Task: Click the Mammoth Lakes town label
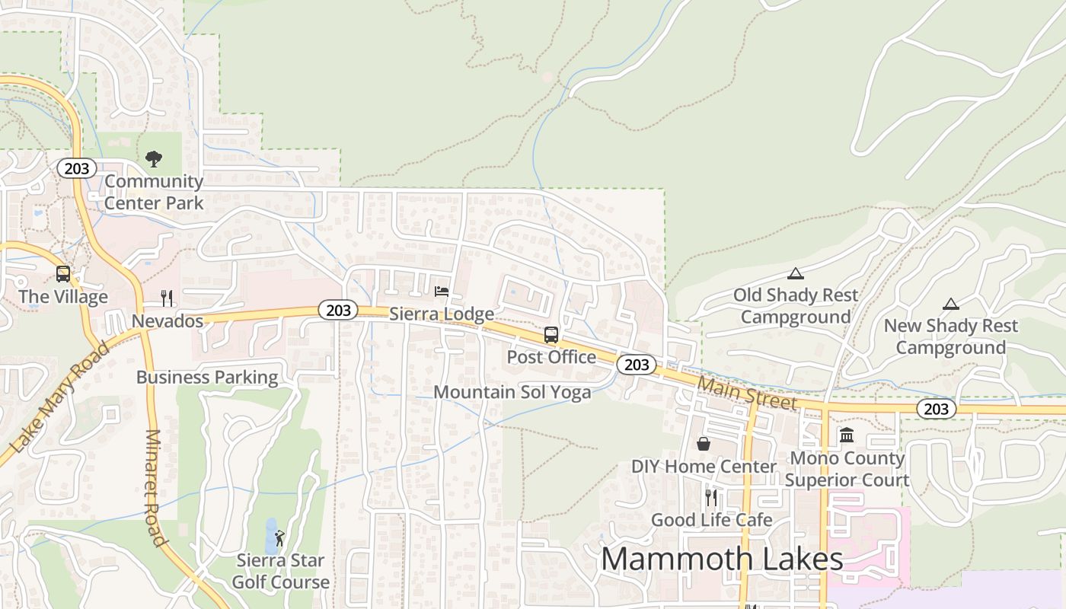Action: pos(722,560)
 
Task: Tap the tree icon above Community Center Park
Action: pos(154,159)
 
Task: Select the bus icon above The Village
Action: pos(63,274)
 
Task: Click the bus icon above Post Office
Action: pos(551,335)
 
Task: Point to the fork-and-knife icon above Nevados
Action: pos(168,298)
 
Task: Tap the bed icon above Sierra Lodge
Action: pos(442,292)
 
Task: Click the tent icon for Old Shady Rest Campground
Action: pos(796,273)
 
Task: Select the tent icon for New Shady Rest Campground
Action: pos(950,304)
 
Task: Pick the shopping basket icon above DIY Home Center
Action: pos(704,444)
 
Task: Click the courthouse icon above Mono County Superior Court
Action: pos(847,435)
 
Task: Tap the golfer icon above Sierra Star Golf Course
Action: pos(279,538)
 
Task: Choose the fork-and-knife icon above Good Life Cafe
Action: pos(711,498)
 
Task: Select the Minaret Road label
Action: pos(155,488)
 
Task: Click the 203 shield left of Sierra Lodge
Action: pos(338,310)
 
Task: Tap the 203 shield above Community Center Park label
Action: pos(77,168)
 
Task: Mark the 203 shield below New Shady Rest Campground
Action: pos(936,409)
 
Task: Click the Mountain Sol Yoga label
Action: pos(512,392)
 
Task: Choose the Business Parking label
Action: pos(207,378)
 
